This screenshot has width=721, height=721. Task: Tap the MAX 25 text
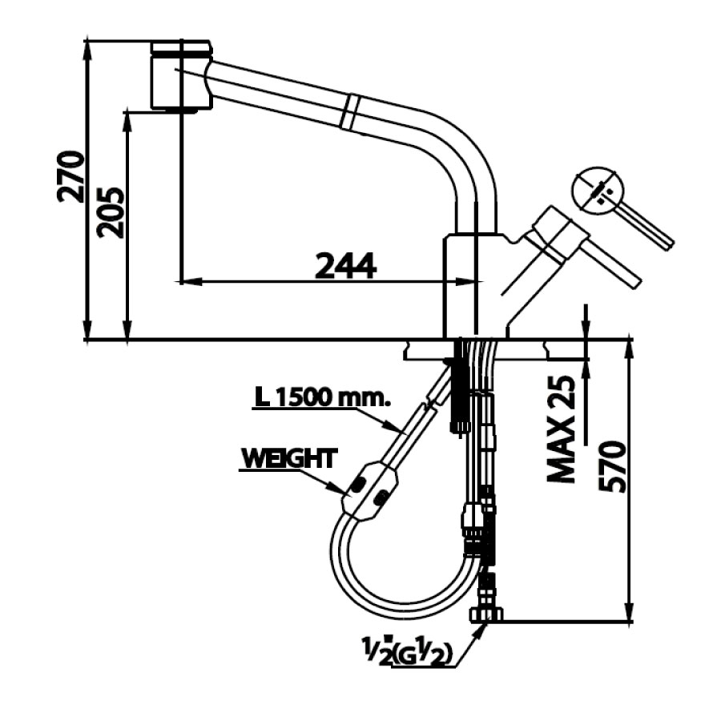(563, 430)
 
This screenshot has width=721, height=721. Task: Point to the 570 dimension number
(612, 467)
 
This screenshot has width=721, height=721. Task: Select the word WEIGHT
(288, 458)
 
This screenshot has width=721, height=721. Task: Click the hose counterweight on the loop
(369, 490)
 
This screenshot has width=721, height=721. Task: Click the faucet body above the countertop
(473, 284)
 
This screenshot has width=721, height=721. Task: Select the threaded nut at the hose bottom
(485, 614)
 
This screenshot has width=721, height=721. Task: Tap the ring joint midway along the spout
(349, 110)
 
